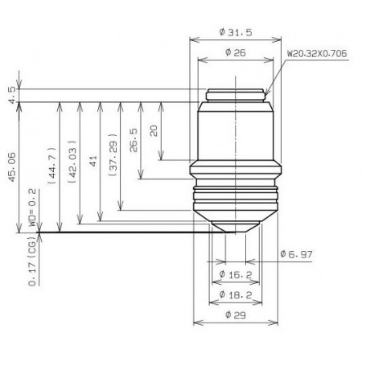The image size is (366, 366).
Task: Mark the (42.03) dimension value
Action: point(73,167)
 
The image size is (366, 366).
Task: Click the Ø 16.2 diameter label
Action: point(236,275)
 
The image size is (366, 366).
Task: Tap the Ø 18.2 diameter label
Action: point(236,295)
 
